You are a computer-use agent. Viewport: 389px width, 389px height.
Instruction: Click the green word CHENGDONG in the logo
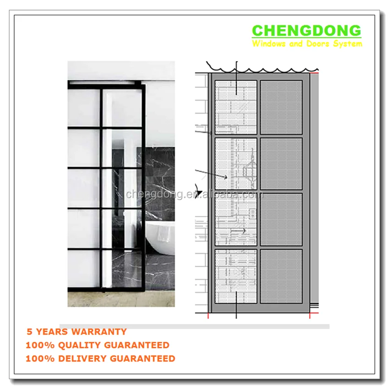pyautogui.click(x=306, y=31)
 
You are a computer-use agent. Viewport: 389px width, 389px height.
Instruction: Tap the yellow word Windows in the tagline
pyautogui.click(x=269, y=44)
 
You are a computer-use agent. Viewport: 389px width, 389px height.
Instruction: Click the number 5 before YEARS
pyautogui.click(x=29, y=332)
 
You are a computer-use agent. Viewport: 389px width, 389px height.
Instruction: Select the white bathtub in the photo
pyautogui.click(x=161, y=236)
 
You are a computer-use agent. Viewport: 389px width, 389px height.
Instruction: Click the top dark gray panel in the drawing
pyautogui.click(x=281, y=108)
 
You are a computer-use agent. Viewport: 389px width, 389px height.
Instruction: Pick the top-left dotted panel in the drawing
pyautogui.click(x=236, y=108)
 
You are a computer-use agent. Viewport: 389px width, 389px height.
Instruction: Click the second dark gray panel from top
pyautogui.click(x=281, y=164)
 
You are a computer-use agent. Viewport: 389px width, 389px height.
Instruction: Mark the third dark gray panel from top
pyautogui.click(x=281, y=220)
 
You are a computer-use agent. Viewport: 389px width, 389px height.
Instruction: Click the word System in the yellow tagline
pyautogui.click(x=350, y=44)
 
